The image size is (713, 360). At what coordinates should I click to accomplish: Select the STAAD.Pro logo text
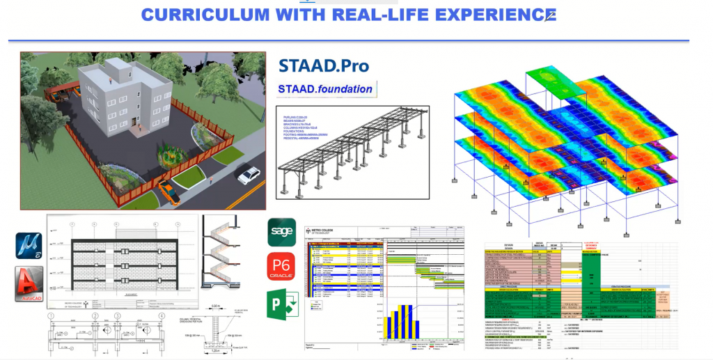pyautogui.click(x=323, y=66)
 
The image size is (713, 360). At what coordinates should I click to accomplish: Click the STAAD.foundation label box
pyautogui.click(x=325, y=89)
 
